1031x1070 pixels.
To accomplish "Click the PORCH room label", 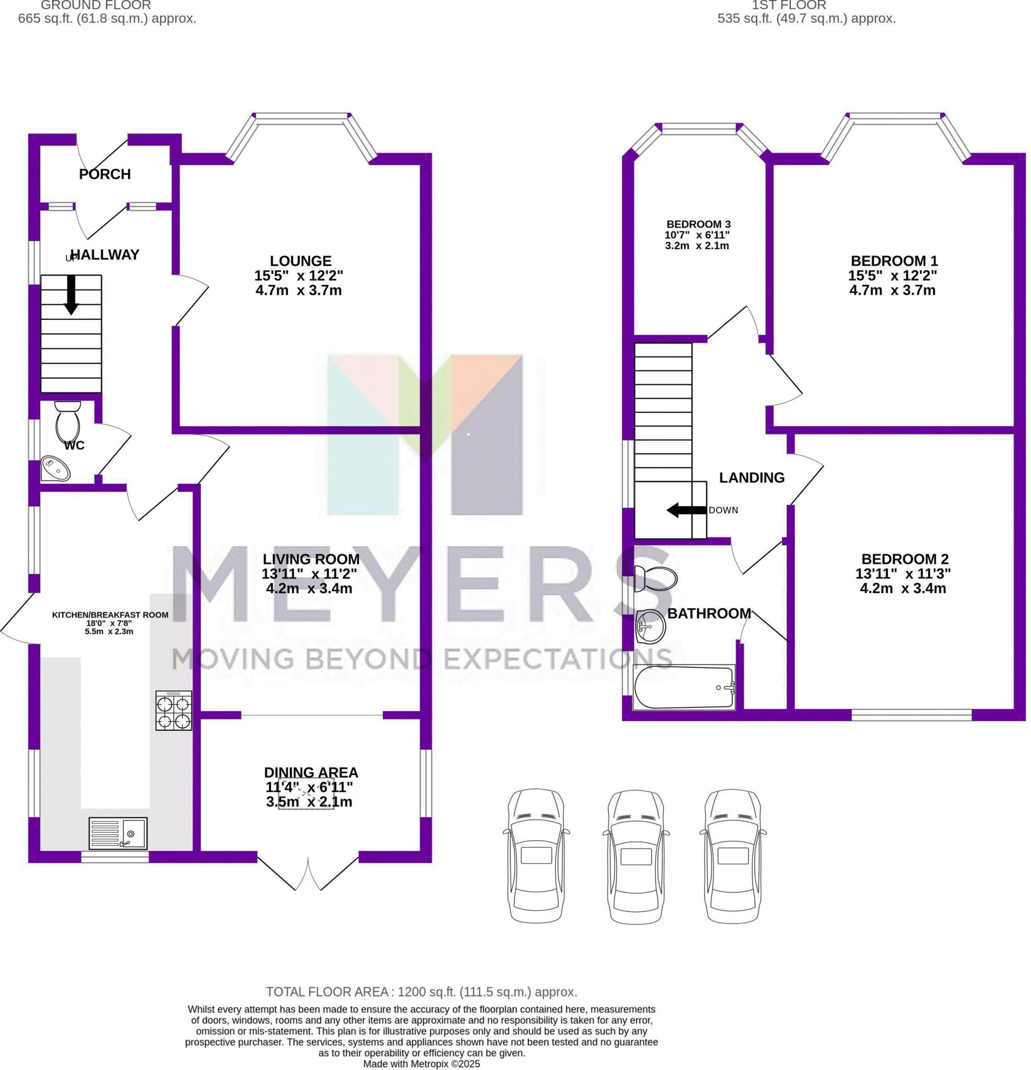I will (105, 174).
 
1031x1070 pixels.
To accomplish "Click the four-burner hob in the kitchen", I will (173, 710).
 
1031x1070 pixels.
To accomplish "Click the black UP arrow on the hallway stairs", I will (71, 295).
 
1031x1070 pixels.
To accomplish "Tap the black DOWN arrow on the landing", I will (687, 510).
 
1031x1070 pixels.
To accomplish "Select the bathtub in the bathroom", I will (684, 688).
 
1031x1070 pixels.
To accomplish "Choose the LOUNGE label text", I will (300, 261).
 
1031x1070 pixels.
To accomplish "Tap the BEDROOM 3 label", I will (699, 224).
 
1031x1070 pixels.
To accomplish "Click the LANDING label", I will (751, 478).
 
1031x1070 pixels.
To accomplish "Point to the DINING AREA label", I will (311, 773).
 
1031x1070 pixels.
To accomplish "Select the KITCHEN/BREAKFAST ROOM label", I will (110, 615).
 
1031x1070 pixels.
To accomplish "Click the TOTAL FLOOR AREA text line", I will (421, 992).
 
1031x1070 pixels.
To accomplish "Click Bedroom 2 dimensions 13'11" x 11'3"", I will (904, 574).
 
